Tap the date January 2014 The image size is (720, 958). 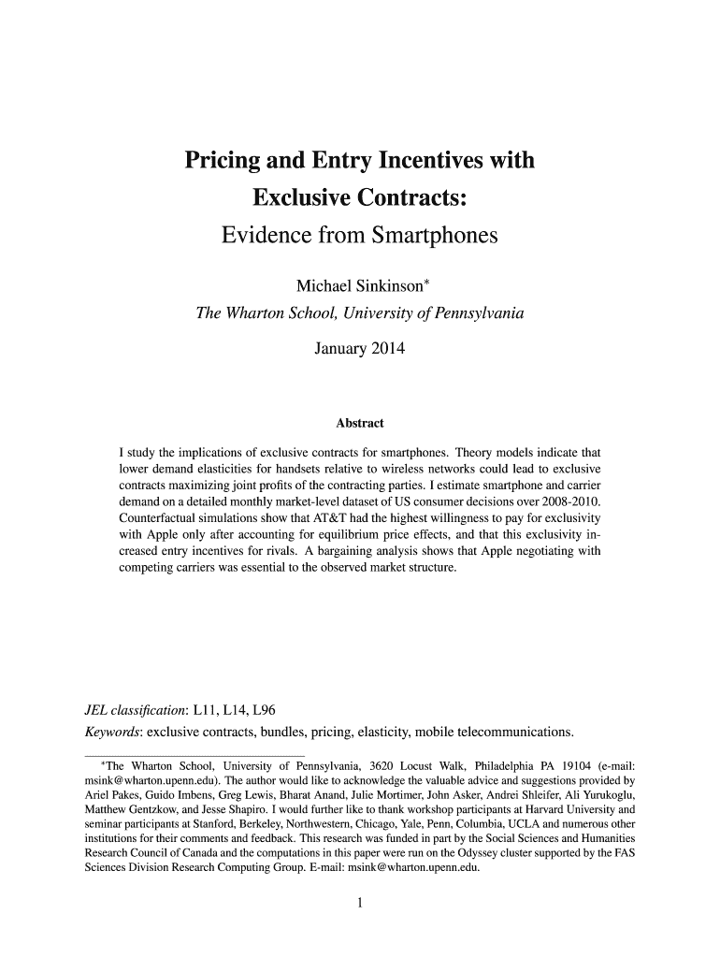[x=360, y=350]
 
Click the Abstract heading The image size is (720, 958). [x=360, y=424]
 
